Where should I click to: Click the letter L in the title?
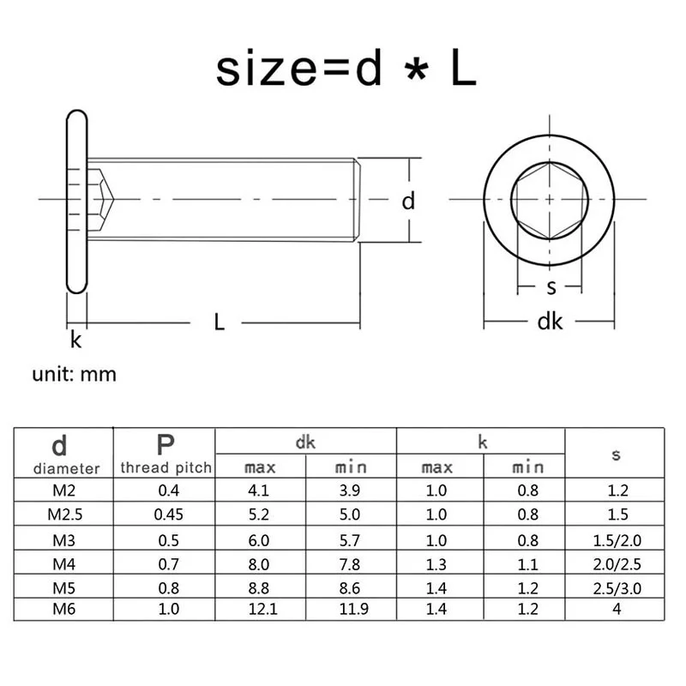[463, 68]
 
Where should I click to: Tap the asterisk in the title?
[417, 70]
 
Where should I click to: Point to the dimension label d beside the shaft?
[408, 202]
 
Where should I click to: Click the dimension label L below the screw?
[220, 322]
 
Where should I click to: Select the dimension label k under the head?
[75, 340]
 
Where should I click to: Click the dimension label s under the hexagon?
[551, 287]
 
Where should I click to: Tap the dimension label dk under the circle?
[550, 322]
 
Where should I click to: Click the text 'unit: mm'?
[75, 375]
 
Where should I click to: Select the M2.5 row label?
[65, 514]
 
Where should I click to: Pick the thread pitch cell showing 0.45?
[168, 514]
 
